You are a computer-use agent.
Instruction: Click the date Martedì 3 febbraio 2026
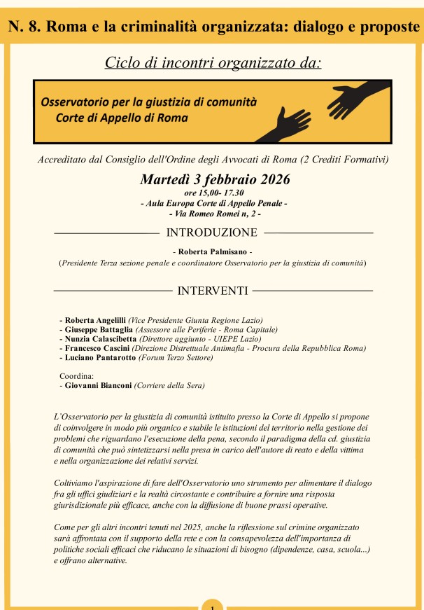(215, 179)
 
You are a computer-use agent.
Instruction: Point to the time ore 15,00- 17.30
(213, 192)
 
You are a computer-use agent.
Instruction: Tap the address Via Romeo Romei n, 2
(215, 212)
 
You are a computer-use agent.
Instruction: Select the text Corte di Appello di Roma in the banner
(122, 117)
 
